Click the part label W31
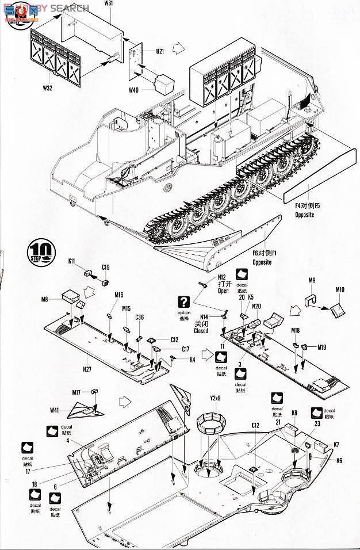[125, 3]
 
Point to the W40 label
[133, 89]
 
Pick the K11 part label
[72, 261]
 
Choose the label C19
[106, 267]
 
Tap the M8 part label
[44, 298]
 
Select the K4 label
[192, 360]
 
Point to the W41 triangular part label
[55, 410]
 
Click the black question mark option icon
[184, 300]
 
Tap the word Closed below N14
[201, 331]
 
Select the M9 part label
[312, 280]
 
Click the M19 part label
[321, 347]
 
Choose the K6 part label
[339, 460]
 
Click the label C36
[140, 317]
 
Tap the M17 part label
[76, 392]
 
